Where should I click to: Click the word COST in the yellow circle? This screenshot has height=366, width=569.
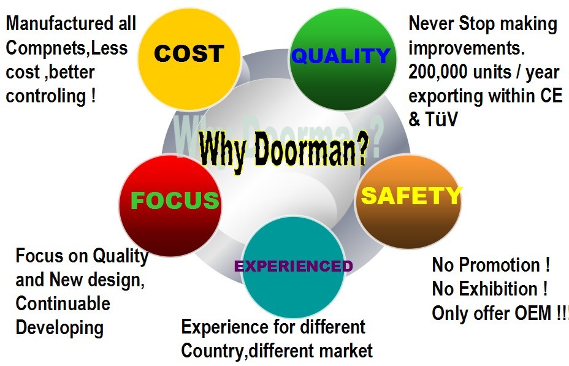coord(189,53)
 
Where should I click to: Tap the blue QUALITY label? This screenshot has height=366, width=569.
coord(340,56)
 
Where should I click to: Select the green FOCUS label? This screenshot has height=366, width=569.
coord(175,200)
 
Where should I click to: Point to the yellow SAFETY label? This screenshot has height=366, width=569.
coord(411,196)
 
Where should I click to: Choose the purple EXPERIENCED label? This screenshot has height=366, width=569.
coord(294,266)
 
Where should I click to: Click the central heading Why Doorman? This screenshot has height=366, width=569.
coord(284,150)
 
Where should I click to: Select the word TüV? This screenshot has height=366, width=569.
coord(441,119)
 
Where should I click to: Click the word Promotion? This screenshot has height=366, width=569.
coord(500,265)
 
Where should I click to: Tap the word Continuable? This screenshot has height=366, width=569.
coord(63,303)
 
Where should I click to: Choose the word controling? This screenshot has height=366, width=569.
coord(46,97)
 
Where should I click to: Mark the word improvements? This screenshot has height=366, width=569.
coord(467,48)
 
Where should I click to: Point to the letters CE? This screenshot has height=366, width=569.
coord(551,96)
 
